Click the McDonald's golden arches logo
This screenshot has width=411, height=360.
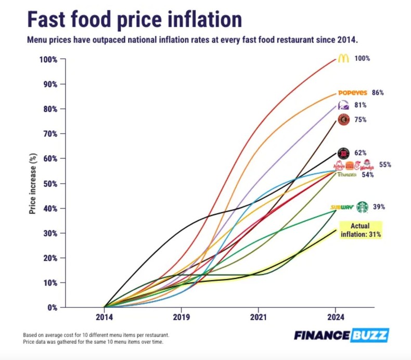coord(343,59)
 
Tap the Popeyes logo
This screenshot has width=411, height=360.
coord(353,93)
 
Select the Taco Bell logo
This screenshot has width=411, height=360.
coord(344,105)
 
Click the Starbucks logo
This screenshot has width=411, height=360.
coord(362,207)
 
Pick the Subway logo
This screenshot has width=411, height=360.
coord(342,207)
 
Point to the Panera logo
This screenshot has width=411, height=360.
coord(346,175)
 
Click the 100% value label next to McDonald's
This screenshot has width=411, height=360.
coord(362,59)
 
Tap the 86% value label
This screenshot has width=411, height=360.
coord(378,93)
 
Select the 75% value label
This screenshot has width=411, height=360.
coord(361,119)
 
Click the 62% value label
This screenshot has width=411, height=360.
coord(361,153)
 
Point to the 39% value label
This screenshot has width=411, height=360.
coord(379,207)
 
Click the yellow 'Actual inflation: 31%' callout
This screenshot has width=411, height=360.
coord(361,230)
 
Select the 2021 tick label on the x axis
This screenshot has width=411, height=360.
coord(259,316)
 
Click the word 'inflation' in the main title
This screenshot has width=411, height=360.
coord(197,19)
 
